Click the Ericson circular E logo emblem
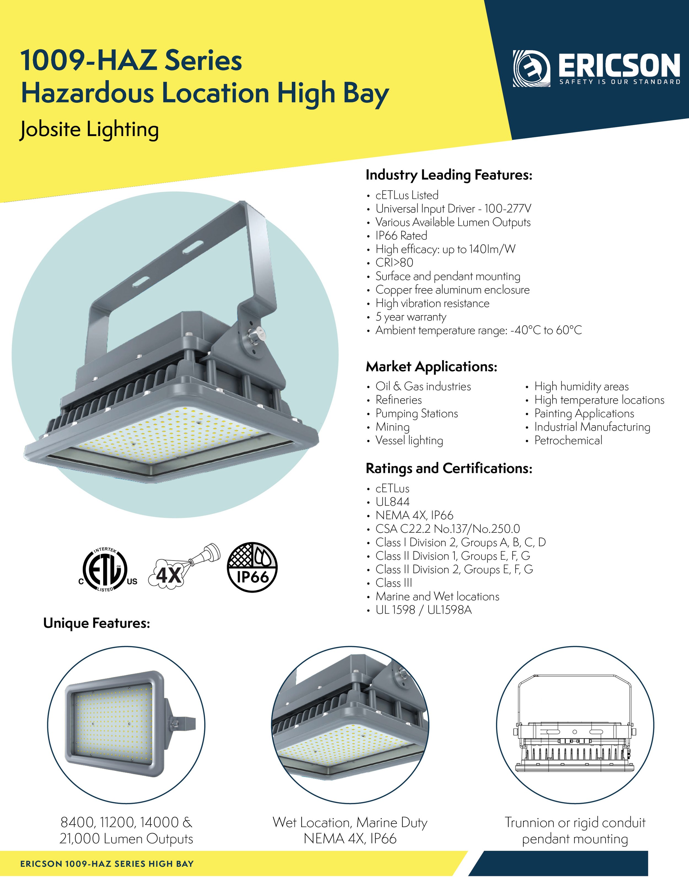point(531,69)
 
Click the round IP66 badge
point(252,567)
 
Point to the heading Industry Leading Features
point(449,175)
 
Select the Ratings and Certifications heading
point(449,468)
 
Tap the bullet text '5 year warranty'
point(411,317)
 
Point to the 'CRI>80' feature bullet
point(394,263)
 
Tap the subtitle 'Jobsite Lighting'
point(89,130)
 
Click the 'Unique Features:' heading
point(97,623)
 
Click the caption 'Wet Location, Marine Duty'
point(350,822)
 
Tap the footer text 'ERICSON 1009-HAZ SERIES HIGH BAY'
point(107,864)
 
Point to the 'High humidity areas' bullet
point(581,387)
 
